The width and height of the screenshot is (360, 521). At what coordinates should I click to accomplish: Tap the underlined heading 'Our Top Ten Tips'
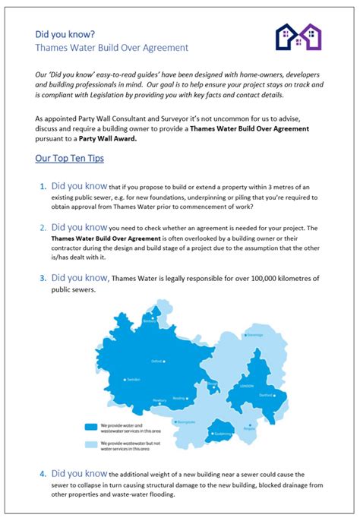pyautogui.click(x=69, y=159)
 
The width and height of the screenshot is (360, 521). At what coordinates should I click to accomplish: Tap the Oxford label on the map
pyautogui.click(x=158, y=362)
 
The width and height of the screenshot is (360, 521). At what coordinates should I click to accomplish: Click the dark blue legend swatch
pyautogui.click(x=90, y=428)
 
